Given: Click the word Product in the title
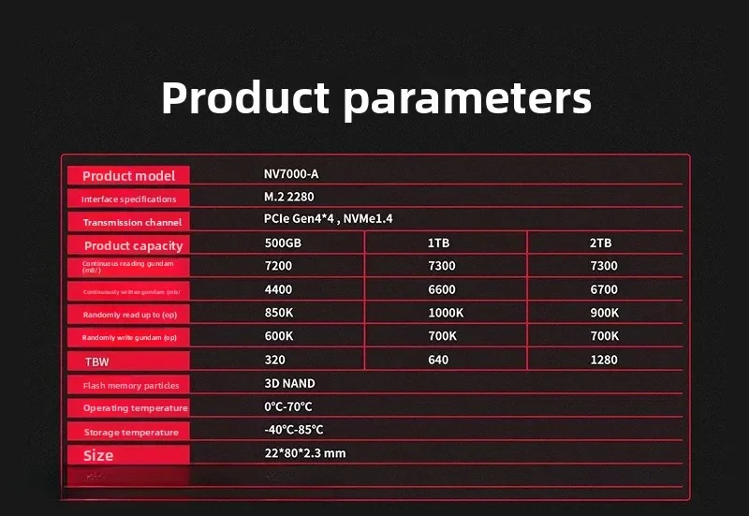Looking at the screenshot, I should [x=245, y=97].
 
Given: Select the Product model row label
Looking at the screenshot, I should [x=128, y=176].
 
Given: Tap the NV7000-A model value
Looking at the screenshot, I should [x=291, y=174].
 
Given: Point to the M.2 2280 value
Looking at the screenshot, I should [x=289, y=197].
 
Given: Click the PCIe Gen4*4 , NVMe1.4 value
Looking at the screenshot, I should [x=328, y=219].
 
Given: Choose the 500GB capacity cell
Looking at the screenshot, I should [x=284, y=243].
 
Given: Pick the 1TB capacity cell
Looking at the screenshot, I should [x=439, y=243].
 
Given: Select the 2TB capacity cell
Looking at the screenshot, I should [x=600, y=243].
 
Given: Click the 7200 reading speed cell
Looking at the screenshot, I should [x=279, y=266].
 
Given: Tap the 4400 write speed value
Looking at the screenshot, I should [x=279, y=289].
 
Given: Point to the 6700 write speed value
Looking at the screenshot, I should [x=604, y=289].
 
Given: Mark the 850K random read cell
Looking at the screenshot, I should [x=280, y=313].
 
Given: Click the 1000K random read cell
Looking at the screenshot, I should [x=446, y=313].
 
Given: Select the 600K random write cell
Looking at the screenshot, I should [x=280, y=336].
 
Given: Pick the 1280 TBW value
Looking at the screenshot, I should [x=604, y=360].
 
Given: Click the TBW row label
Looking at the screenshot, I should [x=96, y=361].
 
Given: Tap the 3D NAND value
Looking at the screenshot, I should [x=289, y=383].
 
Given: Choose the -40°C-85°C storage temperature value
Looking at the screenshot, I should [x=294, y=430].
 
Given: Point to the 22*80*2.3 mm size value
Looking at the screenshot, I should [x=305, y=453].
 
